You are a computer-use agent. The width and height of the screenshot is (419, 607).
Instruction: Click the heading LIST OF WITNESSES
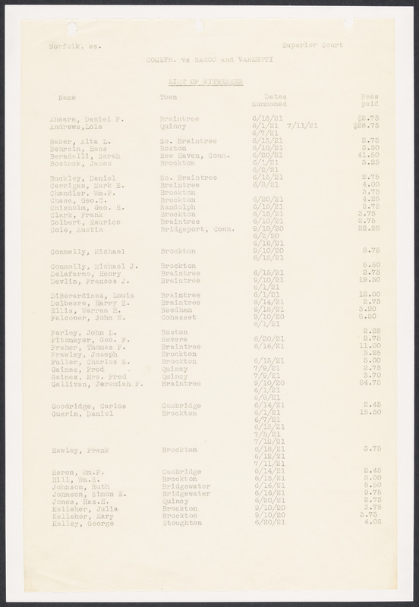pyautogui.click(x=209, y=79)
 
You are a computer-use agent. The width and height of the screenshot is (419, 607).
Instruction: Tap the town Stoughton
pyautogui.click(x=181, y=523)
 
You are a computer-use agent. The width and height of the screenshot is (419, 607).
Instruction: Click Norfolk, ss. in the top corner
pyautogui.click(x=70, y=46)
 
